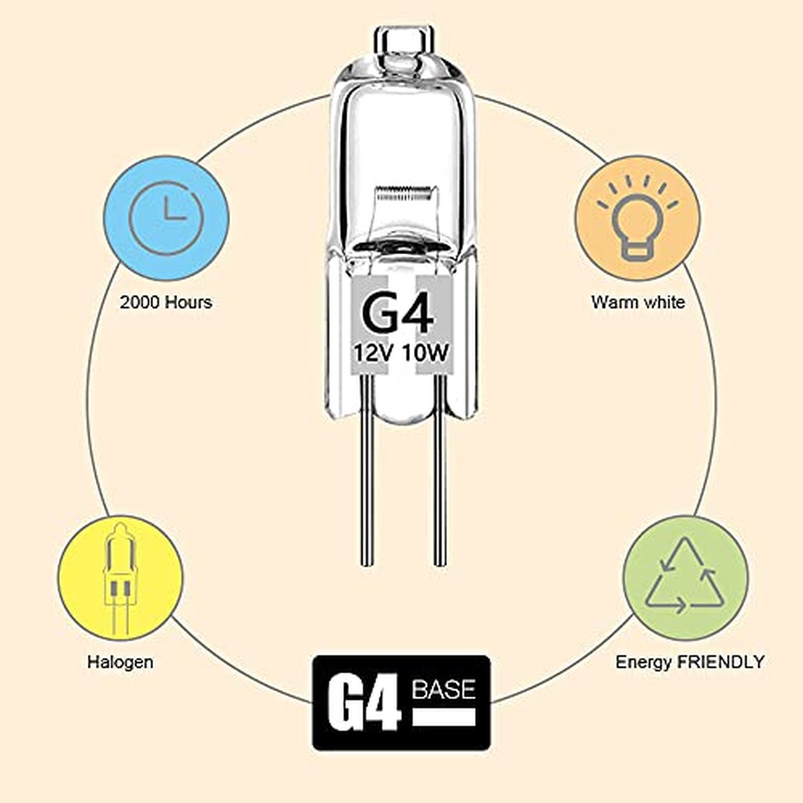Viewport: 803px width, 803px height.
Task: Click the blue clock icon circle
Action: (166, 218)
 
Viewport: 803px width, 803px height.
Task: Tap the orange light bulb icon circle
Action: (638, 218)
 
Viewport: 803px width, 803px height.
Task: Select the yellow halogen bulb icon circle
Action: (120, 578)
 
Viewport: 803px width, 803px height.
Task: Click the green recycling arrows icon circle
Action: (685, 578)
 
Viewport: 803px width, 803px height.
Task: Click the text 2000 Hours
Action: (166, 302)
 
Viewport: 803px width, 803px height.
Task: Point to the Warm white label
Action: (638, 302)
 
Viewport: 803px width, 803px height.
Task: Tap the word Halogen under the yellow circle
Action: (120, 662)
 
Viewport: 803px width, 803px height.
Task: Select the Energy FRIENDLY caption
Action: (690, 662)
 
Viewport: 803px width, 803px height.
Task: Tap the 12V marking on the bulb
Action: (374, 354)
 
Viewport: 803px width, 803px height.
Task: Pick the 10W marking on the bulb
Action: (425, 354)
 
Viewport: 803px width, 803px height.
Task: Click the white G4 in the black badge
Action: (363, 705)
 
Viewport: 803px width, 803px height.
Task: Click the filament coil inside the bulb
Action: (402, 193)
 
